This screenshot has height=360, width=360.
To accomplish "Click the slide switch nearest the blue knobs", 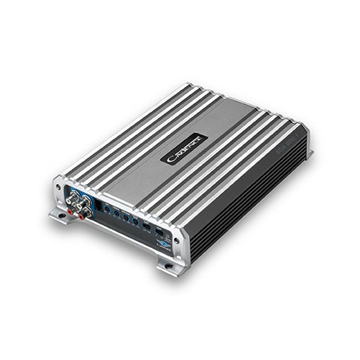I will coord(146,227).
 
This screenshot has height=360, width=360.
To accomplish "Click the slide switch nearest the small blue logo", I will coord(157,232).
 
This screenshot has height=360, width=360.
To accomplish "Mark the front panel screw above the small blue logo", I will coord(170,234).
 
